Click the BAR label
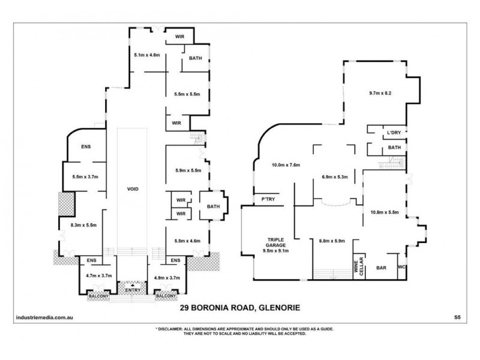(380, 268)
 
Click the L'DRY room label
(394, 131)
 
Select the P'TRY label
(265, 200)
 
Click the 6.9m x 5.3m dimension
(335, 178)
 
